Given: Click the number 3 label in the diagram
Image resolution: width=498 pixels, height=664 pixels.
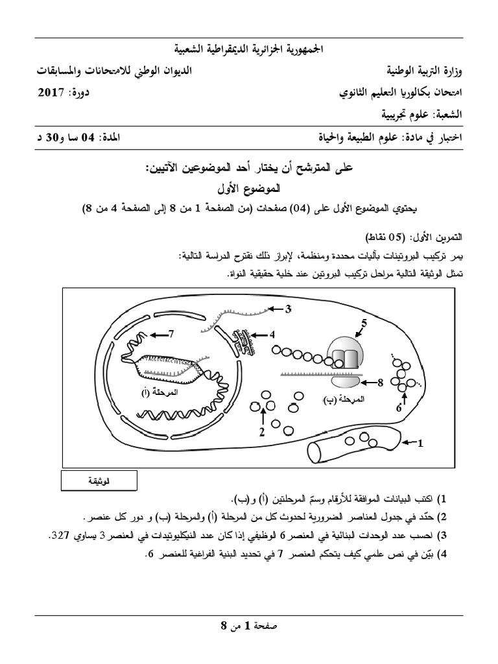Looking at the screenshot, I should tap(289, 308).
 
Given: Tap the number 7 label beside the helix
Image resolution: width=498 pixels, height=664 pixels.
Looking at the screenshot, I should tap(172, 335).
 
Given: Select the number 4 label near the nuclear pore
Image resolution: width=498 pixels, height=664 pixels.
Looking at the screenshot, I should tap(274, 335).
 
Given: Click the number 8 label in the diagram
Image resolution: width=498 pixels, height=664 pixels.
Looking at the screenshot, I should tap(381, 383).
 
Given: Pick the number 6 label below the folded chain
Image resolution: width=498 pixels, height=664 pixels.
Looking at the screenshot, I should tap(399, 409).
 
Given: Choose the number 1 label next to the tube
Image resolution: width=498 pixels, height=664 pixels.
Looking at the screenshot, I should tap(420, 444).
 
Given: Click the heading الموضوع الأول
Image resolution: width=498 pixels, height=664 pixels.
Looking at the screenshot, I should tap(249, 189).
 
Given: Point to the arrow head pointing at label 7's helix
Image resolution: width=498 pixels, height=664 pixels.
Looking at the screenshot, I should tap(151, 335).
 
